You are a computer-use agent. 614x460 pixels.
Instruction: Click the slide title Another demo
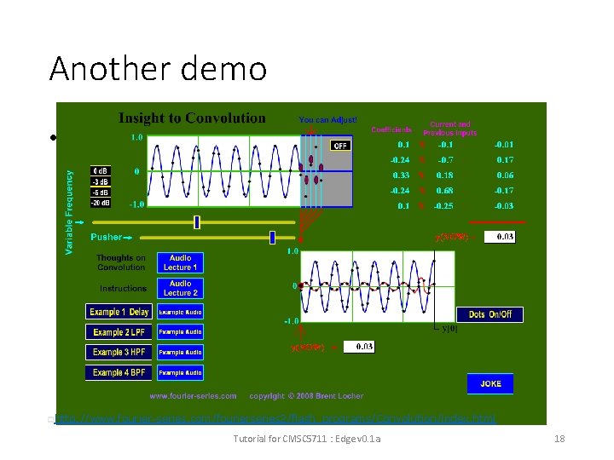158,68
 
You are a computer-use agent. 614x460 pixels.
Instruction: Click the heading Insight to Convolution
192,118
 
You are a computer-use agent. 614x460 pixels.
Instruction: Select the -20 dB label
101,203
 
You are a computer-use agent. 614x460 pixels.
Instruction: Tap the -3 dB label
101,181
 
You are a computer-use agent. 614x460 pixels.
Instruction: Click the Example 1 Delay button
119,312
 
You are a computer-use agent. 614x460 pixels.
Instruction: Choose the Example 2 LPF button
119,332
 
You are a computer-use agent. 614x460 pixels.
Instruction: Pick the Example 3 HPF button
119,353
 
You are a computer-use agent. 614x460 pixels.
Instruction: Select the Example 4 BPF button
119,372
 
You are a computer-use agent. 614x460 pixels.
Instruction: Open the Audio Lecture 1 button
180,262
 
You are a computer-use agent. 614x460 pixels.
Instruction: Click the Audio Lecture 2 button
180,288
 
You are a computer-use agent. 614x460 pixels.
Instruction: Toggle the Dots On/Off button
489,314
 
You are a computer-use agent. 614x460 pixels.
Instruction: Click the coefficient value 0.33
400,175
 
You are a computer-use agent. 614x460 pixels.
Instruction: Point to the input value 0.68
444,190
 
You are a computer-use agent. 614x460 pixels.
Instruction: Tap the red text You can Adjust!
327,120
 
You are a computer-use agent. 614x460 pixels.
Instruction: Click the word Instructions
123,288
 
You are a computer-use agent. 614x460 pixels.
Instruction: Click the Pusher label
106,237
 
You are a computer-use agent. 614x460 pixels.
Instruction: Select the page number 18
559,439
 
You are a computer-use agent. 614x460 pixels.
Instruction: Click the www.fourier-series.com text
193,396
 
